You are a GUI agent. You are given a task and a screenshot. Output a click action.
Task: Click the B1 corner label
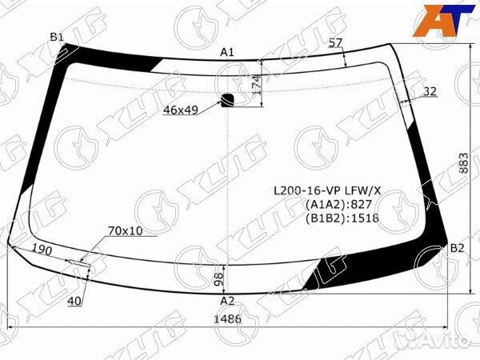pos(57,38)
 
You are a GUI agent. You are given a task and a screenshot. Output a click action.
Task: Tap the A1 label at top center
pos(227,52)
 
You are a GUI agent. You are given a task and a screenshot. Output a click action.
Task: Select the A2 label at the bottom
pos(227,302)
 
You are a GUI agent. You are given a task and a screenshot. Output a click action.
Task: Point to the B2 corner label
pos(458,248)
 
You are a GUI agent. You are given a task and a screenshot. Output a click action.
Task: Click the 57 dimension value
pos(335,42)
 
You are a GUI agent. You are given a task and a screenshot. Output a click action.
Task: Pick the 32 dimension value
pos(430,91)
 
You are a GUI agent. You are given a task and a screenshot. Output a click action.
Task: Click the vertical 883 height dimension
pos(464,163)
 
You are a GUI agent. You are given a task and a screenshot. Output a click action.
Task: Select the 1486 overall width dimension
pos(227,319)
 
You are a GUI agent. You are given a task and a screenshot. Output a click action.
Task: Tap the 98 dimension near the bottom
pos(219,279)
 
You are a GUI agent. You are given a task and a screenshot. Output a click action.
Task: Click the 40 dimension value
pos(74,302)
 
